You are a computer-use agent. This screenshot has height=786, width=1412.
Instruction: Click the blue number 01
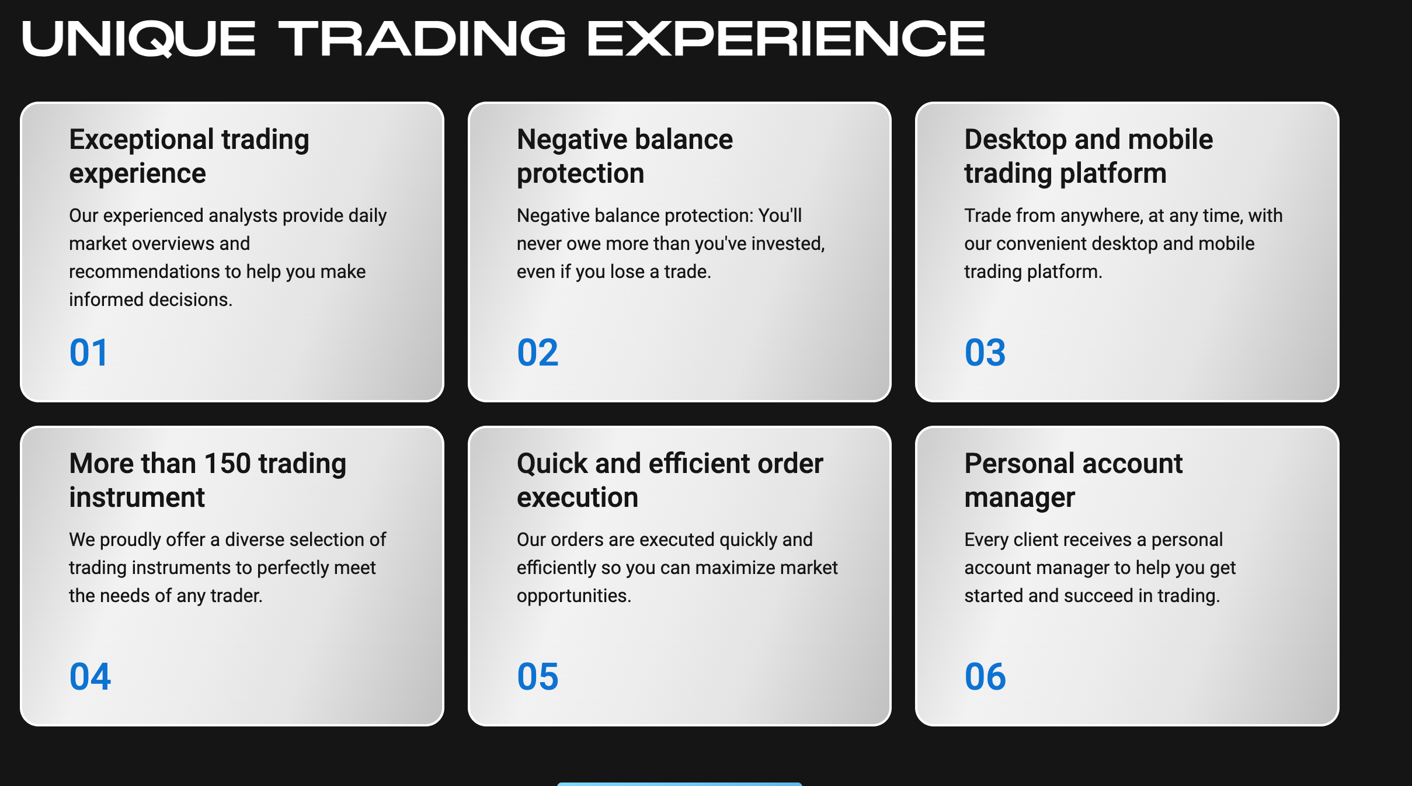[x=89, y=353]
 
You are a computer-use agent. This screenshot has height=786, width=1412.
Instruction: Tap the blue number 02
[x=538, y=353]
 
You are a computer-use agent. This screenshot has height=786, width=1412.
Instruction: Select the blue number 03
[x=985, y=353]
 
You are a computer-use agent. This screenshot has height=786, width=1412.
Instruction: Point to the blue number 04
[x=90, y=677]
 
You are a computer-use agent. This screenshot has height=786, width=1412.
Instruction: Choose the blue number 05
[x=538, y=677]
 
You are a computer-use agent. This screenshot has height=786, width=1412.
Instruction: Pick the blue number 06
[x=985, y=677]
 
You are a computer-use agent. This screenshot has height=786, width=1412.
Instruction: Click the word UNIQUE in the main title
[x=139, y=39]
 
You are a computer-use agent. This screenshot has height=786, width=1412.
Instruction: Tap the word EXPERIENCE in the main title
[x=786, y=39]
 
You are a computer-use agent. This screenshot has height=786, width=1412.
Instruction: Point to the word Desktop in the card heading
[x=1015, y=140]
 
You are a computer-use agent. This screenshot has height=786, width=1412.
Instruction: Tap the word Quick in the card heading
[x=552, y=464]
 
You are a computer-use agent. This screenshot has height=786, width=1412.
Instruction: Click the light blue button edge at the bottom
[x=679, y=784]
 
